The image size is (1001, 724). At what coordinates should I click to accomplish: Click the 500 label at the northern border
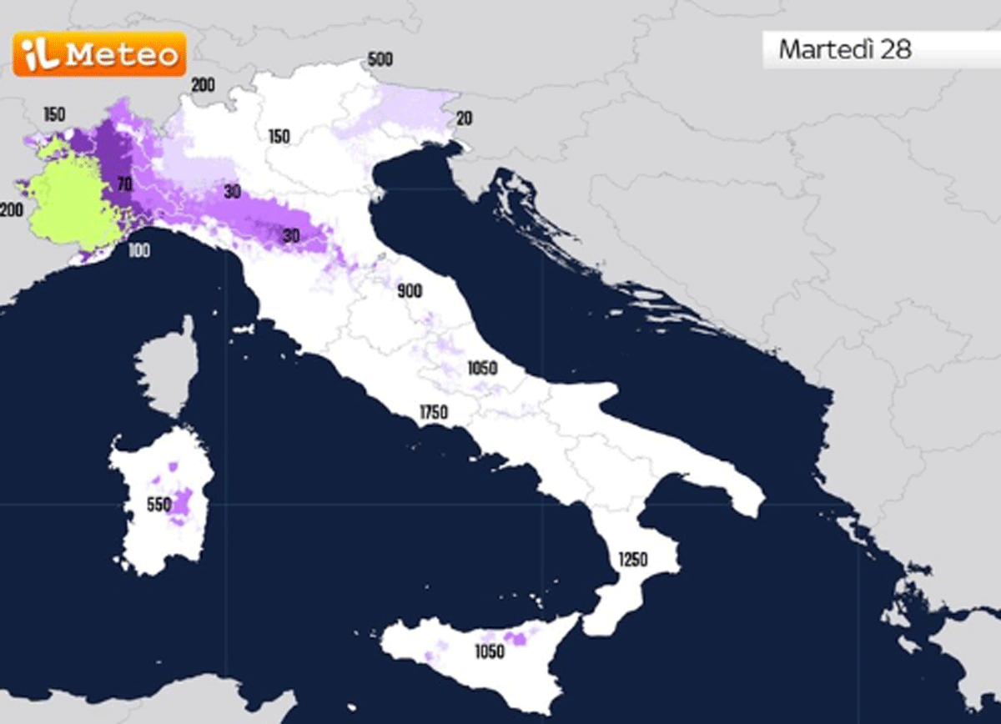click(380, 60)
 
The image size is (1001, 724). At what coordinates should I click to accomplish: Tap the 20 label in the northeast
click(464, 118)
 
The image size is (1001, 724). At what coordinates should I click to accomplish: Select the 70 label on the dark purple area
click(124, 184)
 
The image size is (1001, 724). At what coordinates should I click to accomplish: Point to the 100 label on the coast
click(138, 250)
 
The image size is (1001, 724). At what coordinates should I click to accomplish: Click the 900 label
click(410, 291)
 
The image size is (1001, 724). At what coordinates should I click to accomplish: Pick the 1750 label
click(434, 412)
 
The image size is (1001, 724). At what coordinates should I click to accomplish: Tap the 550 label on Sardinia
click(158, 505)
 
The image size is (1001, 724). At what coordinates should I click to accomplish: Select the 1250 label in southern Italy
click(631, 559)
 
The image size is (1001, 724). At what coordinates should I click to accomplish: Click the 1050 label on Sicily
click(490, 652)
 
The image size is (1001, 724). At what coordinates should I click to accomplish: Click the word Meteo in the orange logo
click(122, 55)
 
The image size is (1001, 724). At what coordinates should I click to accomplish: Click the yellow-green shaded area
click(71, 200)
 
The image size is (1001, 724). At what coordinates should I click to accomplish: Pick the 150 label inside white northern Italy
click(279, 136)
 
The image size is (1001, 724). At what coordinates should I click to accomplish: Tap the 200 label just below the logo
click(203, 85)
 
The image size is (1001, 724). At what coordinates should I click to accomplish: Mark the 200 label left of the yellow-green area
click(11, 211)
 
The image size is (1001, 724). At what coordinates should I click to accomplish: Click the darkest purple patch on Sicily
click(517, 638)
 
